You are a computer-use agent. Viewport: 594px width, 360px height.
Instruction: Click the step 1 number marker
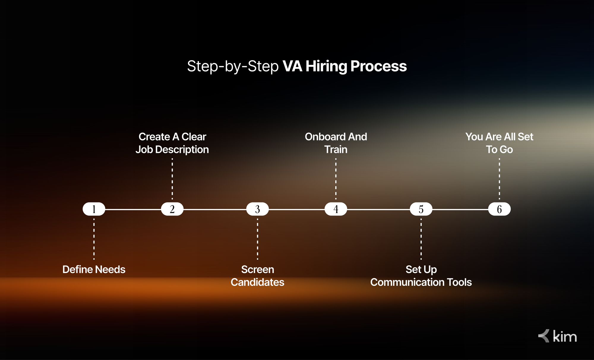pos(94,209)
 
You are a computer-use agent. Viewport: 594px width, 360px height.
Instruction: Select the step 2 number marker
pos(172,209)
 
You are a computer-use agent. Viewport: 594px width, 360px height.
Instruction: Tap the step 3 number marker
pos(257,209)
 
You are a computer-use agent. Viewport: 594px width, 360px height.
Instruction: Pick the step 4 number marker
pos(336,209)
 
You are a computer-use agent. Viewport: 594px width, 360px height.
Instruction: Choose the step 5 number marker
pos(421,209)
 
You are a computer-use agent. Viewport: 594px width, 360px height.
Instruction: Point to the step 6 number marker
pos(500,209)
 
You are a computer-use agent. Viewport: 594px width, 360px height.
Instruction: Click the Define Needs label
pos(94,269)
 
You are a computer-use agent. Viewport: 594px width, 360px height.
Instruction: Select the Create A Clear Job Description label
pos(172,143)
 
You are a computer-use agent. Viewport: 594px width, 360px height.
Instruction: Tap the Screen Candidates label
pos(257,276)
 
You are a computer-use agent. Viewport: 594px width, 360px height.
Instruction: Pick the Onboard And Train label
pos(336,143)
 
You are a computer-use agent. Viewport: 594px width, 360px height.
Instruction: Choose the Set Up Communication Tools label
pos(421,276)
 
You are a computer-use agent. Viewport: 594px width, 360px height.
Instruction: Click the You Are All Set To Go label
pos(500,143)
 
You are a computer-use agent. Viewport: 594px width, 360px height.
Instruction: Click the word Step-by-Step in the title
pos(233,66)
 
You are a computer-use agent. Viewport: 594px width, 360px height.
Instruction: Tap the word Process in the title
pos(379,66)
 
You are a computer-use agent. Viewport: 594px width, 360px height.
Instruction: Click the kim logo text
pos(565,337)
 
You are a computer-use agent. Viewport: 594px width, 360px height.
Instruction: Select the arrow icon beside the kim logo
pos(544,336)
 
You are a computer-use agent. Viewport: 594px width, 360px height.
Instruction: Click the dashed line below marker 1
pos(94,239)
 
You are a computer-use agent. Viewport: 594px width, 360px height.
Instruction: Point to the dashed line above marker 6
pos(500,179)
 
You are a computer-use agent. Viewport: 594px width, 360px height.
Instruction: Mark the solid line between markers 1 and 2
pos(133,209)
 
